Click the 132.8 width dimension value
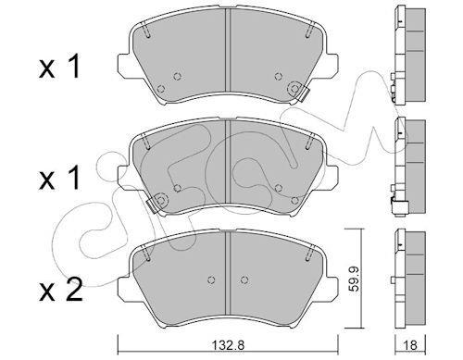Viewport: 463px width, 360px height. point(229,345)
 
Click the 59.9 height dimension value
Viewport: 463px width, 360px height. point(355,279)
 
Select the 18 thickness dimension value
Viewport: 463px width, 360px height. point(411,345)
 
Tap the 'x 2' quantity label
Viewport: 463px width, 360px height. point(60,290)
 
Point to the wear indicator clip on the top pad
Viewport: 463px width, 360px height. point(303,93)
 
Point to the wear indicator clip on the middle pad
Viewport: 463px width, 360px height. point(152,205)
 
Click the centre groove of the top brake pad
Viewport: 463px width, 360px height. point(229,50)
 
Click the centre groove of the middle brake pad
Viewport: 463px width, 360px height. point(229,162)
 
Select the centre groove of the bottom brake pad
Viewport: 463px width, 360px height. point(229,273)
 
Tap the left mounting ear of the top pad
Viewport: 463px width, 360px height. point(124,65)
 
